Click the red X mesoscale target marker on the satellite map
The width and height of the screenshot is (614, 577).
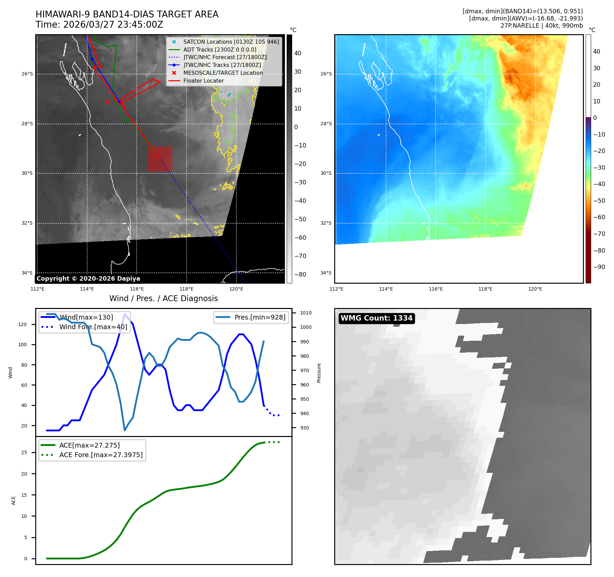point(107,101)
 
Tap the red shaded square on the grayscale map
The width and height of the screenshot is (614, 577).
point(160,159)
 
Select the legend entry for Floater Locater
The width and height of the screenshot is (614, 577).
point(203,81)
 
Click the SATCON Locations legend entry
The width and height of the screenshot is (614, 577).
point(231,42)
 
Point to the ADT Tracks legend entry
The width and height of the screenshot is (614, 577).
point(220,50)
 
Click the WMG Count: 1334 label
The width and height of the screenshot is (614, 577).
point(377,318)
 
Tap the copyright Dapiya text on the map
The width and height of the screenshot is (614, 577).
point(88,279)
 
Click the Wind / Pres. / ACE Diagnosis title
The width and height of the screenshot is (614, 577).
point(163,298)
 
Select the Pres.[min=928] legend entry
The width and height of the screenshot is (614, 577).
point(260,317)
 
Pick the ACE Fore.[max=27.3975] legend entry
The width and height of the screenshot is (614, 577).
point(101,455)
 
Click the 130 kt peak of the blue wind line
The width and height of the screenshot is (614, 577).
point(125,314)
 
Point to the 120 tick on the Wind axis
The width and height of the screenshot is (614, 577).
point(23,324)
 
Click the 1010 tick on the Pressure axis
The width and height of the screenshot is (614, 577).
point(306,313)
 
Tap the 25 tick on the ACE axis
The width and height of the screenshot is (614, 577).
point(24,452)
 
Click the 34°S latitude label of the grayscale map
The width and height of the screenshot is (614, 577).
point(27,273)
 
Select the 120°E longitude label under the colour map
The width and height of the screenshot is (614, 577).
point(535,289)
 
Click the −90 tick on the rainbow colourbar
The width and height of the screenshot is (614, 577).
point(599,267)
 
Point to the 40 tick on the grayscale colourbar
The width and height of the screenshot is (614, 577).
point(298,53)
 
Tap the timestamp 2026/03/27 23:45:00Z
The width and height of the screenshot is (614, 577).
point(113,25)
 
